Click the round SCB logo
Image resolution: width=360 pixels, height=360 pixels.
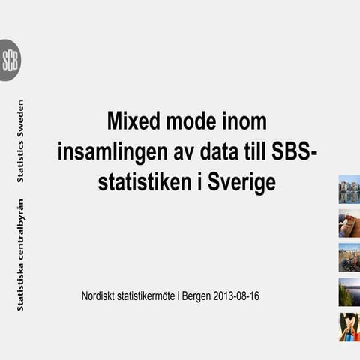point(10,60)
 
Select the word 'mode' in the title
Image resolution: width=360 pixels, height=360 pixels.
point(190,122)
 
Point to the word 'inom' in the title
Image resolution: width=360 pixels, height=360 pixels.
point(244,122)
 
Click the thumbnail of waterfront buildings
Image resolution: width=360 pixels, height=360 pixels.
point(349,189)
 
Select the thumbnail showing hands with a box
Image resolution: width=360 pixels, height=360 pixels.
point(349,223)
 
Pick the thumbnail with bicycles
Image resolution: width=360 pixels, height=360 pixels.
point(349,257)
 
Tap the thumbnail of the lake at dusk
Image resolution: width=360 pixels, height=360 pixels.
point(349,292)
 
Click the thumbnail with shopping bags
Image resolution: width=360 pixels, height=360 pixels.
point(349,327)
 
